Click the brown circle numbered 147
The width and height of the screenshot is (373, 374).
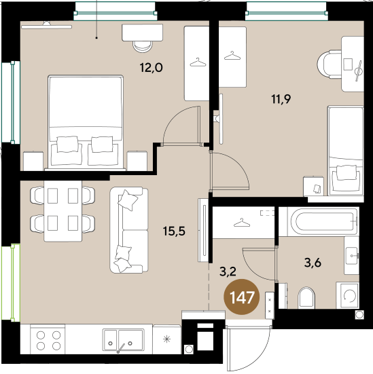(241, 297)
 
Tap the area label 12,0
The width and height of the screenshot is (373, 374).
(152, 68)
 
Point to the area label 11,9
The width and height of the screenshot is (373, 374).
(281, 99)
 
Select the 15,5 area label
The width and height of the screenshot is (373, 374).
(174, 231)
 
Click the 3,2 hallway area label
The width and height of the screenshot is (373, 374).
(228, 272)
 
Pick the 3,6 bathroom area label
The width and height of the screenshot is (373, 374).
(313, 263)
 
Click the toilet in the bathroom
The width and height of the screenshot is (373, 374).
(306, 297)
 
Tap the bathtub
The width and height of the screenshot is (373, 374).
(319, 221)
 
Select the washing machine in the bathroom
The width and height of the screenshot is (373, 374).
(347, 295)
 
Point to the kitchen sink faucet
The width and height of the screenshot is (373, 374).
(120, 348)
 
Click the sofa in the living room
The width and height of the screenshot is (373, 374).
(129, 230)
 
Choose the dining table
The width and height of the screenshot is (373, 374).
(63, 211)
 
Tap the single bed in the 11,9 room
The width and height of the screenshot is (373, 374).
(346, 151)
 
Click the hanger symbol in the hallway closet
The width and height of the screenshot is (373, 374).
(242, 223)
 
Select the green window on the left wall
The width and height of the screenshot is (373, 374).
(11, 282)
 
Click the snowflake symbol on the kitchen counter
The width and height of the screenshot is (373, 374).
(166, 339)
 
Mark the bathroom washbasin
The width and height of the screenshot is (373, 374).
(351, 255)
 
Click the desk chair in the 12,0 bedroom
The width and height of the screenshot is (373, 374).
(143, 46)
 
